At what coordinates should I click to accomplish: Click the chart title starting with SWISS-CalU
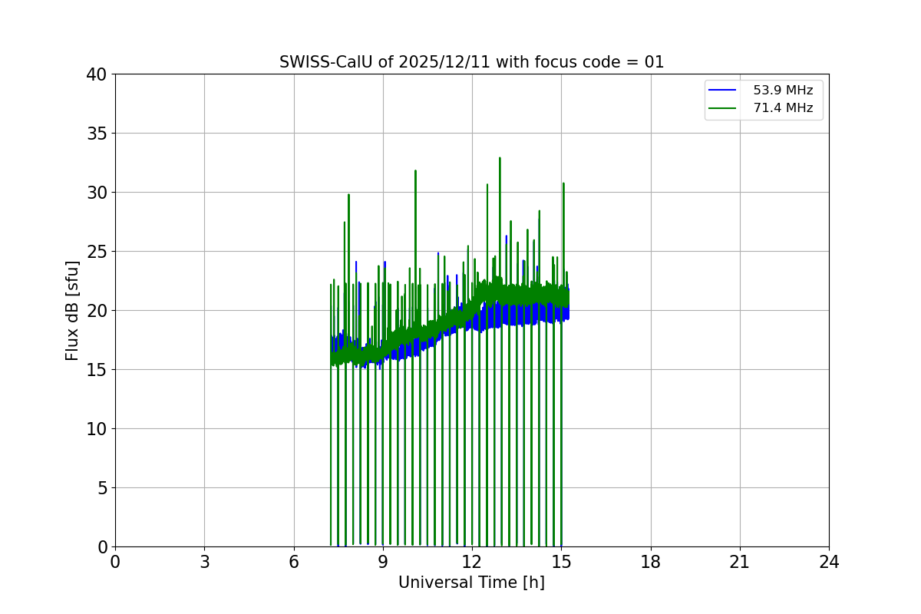tap(471, 62)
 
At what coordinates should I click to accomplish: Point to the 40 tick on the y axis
tap(97, 74)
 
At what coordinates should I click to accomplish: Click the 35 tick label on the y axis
tap(97, 134)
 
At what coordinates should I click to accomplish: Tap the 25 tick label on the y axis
tap(97, 252)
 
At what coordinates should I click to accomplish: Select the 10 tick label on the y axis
tap(97, 429)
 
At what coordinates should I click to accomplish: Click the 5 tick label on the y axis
tap(102, 488)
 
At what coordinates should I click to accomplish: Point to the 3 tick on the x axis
tap(204, 562)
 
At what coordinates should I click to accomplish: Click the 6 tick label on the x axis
tap(294, 562)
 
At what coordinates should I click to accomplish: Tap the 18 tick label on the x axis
tap(651, 562)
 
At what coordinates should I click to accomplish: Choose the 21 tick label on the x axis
tap(740, 562)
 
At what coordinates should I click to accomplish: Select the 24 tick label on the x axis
tap(829, 562)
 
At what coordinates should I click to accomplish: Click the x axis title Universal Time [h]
tap(471, 583)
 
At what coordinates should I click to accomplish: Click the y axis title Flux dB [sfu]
tap(72, 310)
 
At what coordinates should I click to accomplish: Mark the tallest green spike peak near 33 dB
tap(500, 158)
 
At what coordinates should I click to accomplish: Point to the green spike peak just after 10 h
tap(415, 170)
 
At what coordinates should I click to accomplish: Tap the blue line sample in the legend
tap(722, 91)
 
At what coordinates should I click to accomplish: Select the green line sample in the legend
tap(722, 108)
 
